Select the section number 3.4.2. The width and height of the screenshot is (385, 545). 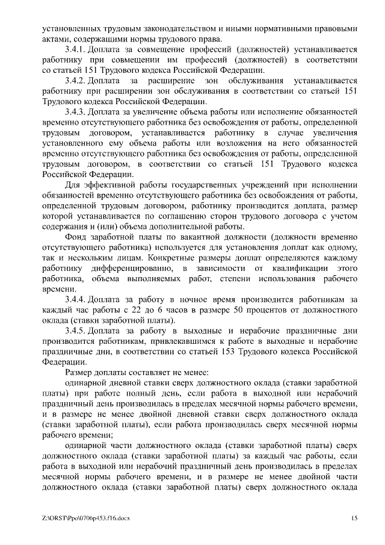click(75, 80)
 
